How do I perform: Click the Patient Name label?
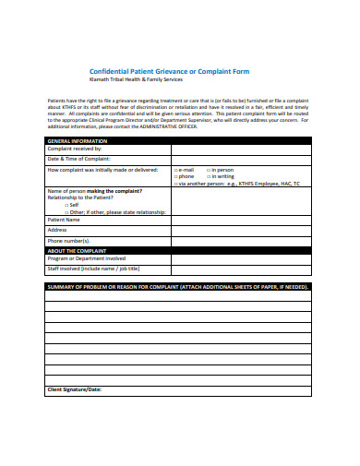[x=64, y=221]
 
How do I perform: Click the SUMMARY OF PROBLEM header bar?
[x=178, y=287]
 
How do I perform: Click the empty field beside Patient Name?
[x=242, y=221]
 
